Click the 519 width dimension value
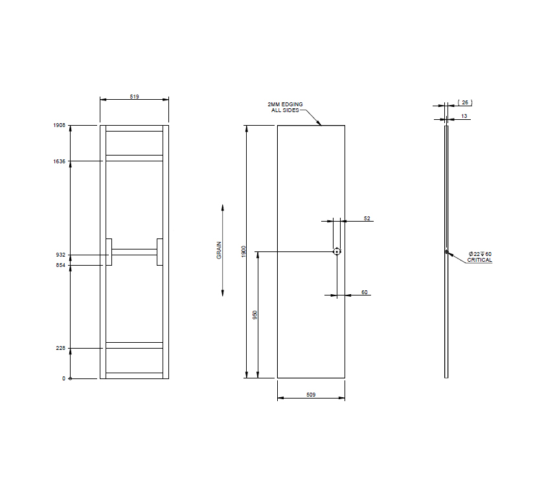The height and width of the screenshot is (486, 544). pyautogui.click(x=134, y=96)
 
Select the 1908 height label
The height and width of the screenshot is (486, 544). pyautogui.click(x=60, y=125)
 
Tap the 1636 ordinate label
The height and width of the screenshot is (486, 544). pyautogui.click(x=60, y=161)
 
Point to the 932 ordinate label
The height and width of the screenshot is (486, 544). pyautogui.click(x=62, y=255)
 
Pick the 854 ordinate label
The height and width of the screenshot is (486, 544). pyautogui.click(x=62, y=265)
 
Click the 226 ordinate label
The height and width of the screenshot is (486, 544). pyautogui.click(x=62, y=349)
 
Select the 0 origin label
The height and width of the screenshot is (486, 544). pyautogui.click(x=64, y=378)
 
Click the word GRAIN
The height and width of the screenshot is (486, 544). pyautogui.click(x=219, y=251)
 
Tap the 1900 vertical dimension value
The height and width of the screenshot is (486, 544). pyautogui.click(x=244, y=251)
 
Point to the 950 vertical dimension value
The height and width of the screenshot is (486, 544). pyautogui.click(x=255, y=315)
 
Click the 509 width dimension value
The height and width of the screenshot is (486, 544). pyautogui.click(x=311, y=395)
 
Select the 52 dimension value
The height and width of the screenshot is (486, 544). pyautogui.click(x=367, y=219)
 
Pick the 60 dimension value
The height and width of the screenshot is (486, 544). pyautogui.click(x=365, y=293)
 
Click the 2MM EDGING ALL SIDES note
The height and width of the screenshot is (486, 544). pyautogui.click(x=285, y=107)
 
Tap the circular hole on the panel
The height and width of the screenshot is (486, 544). pyautogui.click(x=337, y=251)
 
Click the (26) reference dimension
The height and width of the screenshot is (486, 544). pyautogui.click(x=465, y=102)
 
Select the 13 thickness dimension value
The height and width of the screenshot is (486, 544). pyautogui.click(x=464, y=116)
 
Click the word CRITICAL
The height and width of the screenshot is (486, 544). pyautogui.click(x=480, y=260)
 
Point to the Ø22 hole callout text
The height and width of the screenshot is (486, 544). pyautogui.click(x=480, y=253)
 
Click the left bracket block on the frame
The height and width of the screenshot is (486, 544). pyautogui.click(x=109, y=252)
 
